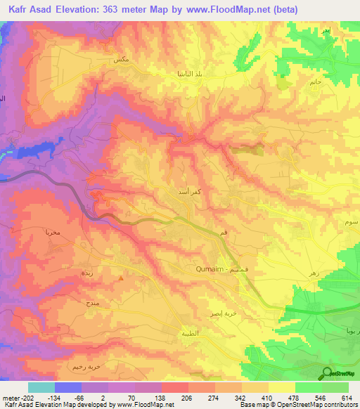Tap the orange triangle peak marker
click(122, 278)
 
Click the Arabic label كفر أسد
click(191, 190)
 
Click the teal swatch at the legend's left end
click(41, 387)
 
